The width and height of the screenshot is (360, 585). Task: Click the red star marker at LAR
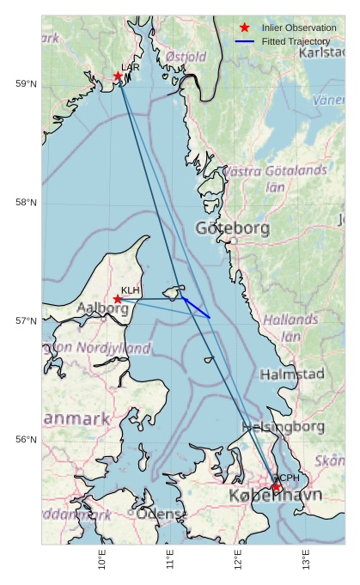click(x=118, y=76)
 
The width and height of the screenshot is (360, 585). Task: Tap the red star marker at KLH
click(x=118, y=299)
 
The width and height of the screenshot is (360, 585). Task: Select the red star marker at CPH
click(x=277, y=487)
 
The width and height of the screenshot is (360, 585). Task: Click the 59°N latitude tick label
click(x=26, y=83)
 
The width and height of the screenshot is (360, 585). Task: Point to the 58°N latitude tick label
click(x=26, y=202)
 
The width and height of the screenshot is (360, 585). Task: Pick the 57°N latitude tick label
click(x=26, y=321)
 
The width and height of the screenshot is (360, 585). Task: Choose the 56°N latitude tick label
click(x=26, y=440)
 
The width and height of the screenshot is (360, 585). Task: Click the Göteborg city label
click(x=232, y=229)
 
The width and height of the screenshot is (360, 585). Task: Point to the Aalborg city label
click(x=102, y=308)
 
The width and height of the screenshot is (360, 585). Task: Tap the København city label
click(x=275, y=496)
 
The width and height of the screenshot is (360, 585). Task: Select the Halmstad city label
click(x=292, y=375)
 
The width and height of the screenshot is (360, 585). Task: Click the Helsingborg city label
click(x=284, y=426)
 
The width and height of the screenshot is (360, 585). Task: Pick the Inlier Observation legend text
click(x=299, y=27)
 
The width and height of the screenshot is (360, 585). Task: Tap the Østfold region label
click(x=186, y=57)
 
